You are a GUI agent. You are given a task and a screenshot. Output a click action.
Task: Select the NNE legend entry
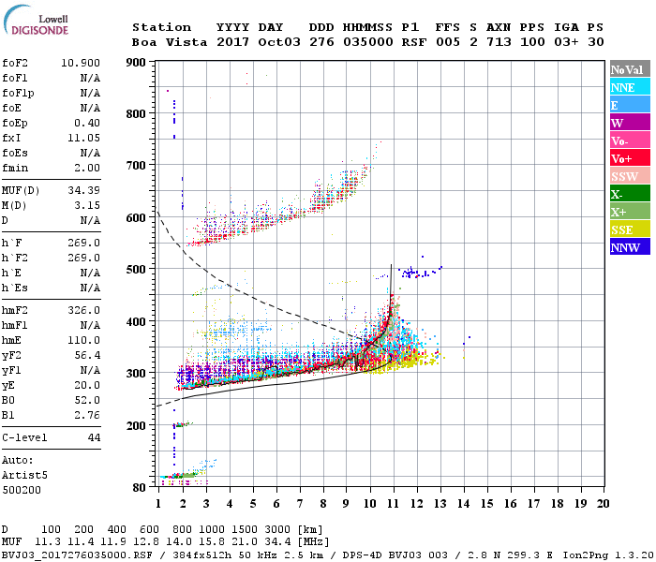(623, 87)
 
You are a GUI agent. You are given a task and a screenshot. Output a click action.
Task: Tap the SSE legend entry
(623, 229)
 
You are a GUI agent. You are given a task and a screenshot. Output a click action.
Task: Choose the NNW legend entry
(623, 247)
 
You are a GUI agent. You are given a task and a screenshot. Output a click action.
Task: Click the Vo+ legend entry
(623, 158)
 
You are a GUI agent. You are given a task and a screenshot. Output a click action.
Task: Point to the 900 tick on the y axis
(136, 63)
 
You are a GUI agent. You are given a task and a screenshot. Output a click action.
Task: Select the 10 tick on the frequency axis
(369, 504)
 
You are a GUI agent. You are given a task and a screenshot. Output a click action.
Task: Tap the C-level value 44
(94, 437)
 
